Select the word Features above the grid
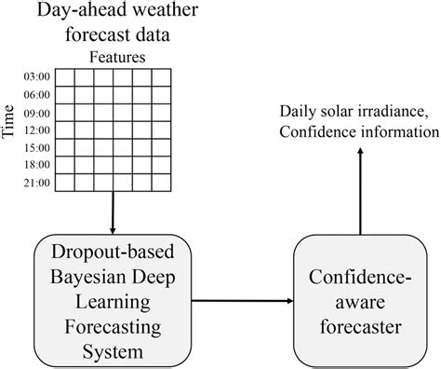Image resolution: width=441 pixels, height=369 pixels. click(117, 55)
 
